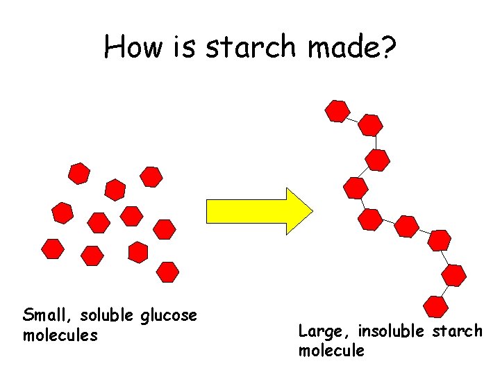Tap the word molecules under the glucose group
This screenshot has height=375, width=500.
[60, 335]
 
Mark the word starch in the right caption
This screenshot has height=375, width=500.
[457, 331]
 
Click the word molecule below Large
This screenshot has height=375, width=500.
[331, 350]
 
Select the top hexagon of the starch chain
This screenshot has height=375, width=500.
[337, 111]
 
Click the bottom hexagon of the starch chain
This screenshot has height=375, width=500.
[435, 306]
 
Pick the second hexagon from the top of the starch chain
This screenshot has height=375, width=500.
[371, 125]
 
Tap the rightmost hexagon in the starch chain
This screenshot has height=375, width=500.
[454, 275]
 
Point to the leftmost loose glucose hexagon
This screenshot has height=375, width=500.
[53, 249]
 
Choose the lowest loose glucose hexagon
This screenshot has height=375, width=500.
[167, 272]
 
